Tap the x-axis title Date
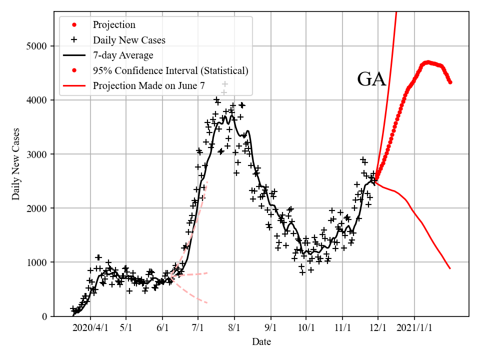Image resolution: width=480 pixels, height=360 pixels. (x=261, y=342)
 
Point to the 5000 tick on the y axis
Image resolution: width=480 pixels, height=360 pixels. (x=36, y=46)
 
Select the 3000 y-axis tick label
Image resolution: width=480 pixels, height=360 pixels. (x=36, y=154)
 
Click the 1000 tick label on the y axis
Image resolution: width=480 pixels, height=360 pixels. (x=36, y=262)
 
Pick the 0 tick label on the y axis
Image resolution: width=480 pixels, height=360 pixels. (x=44, y=316)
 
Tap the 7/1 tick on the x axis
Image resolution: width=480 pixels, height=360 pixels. (x=198, y=328)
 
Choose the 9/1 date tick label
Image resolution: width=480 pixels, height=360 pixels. (x=271, y=328)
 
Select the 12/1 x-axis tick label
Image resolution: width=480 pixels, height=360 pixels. (x=378, y=328)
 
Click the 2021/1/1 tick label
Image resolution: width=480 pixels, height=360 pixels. (x=414, y=328)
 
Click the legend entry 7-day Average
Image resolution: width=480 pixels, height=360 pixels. (x=123, y=55)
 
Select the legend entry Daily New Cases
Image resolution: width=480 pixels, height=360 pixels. (x=129, y=40)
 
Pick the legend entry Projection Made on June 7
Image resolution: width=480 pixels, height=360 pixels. (x=148, y=86)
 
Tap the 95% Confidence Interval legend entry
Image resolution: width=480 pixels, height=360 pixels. (x=170, y=70)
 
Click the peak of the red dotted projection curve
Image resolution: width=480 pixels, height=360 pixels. (x=427, y=62)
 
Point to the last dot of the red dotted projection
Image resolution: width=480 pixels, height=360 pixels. (x=450, y=82)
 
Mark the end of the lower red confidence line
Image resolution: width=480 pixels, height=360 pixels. (x=450, y=268)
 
